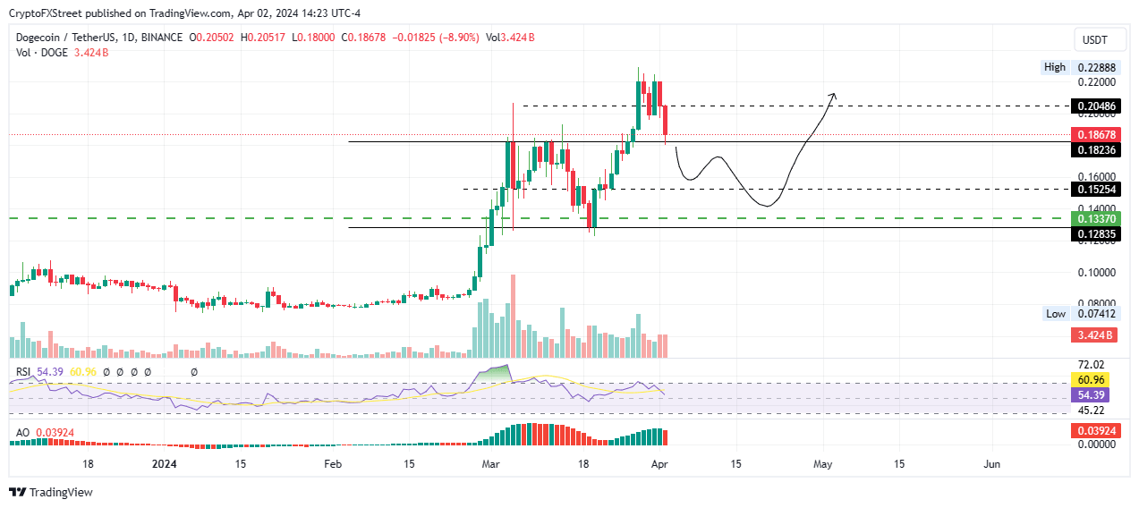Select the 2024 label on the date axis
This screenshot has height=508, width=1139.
click(x=165, y=464)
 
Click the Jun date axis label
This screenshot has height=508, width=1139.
click(x=991, y=464)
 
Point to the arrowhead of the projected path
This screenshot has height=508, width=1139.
click(x=834, y=95)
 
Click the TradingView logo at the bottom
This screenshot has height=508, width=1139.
click(x=50, y=492)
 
